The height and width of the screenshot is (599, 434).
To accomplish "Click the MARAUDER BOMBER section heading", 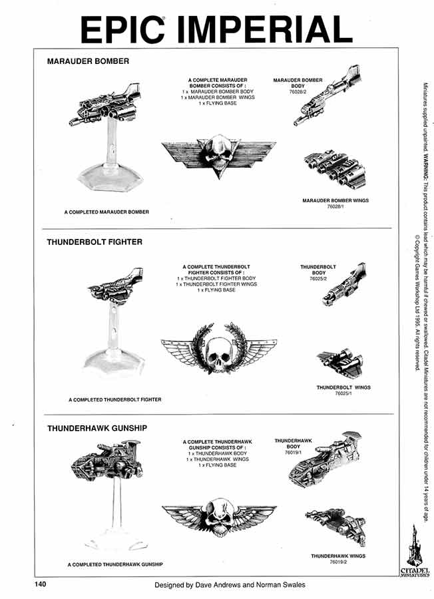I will [x=88, y=61].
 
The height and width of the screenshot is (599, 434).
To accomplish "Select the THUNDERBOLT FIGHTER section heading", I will [x=95, y=242].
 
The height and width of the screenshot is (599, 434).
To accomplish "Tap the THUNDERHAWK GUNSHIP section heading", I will [x=97, y=429].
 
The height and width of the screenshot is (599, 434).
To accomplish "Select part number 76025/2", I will [x=318, y=280].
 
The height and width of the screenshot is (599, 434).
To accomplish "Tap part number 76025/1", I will [x=343, y=393].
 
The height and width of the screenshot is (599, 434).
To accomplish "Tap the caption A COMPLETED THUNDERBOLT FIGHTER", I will [x=115, y=400].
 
